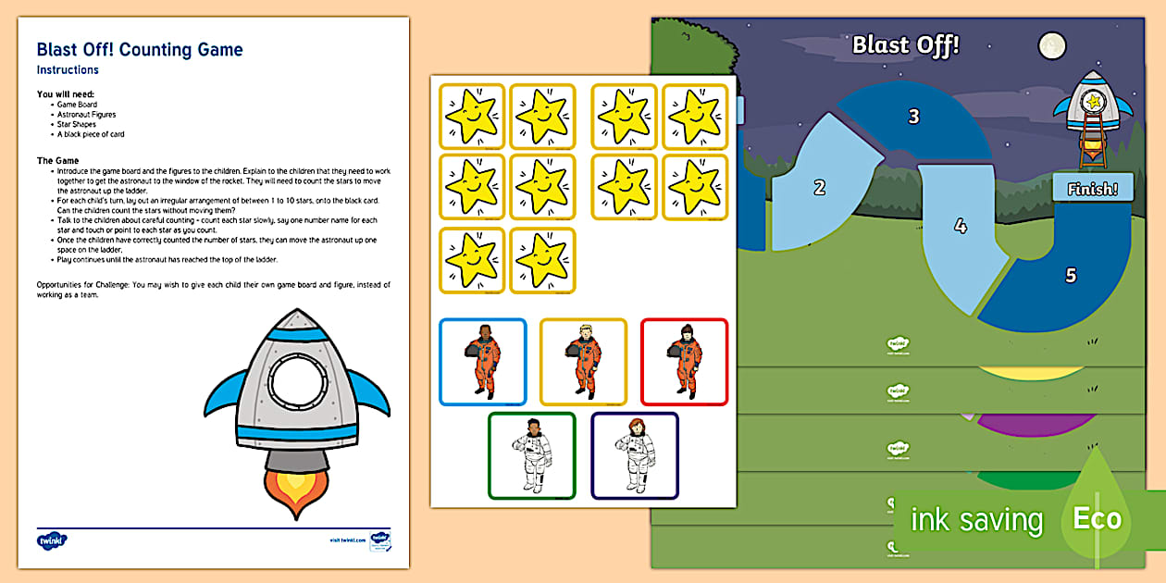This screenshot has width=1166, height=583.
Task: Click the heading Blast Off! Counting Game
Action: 140,50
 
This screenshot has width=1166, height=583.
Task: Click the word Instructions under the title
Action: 68,70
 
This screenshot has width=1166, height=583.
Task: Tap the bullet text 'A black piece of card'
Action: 91,134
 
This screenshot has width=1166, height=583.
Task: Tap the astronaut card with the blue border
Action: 482,362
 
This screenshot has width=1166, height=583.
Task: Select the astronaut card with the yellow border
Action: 583,362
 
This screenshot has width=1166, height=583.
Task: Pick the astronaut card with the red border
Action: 684,362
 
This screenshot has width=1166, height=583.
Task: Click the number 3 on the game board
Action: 914,117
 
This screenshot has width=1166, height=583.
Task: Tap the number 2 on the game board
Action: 819,188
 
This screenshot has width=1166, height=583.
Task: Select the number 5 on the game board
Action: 1071,275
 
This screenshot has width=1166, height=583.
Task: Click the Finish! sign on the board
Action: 1093,189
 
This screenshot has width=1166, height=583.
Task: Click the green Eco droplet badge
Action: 1098,515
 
